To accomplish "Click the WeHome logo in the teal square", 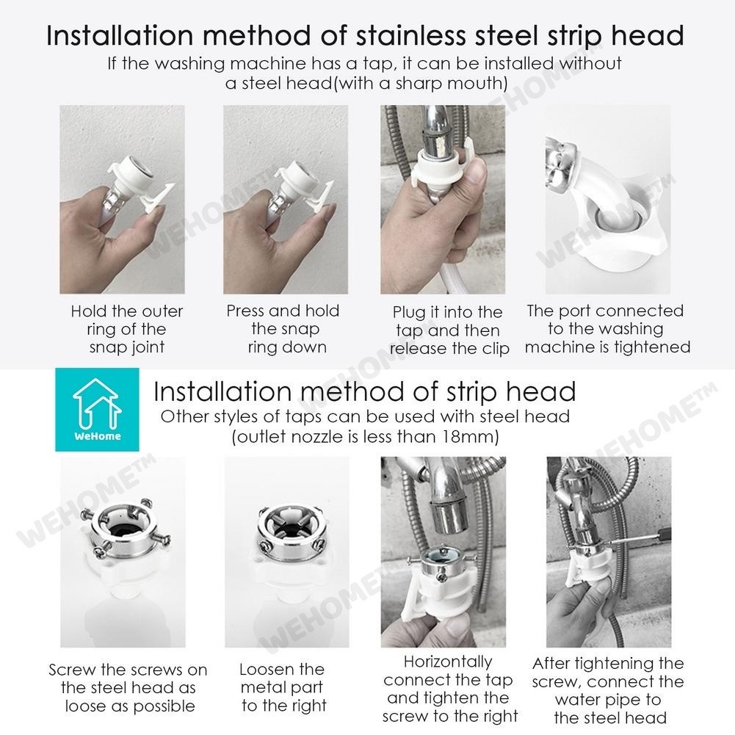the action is [x=97, y=410].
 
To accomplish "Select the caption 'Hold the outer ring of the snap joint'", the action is [x=126, y=329].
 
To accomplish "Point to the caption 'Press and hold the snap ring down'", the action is [x=283, y=329].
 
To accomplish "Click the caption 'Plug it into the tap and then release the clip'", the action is [x=449, y=330].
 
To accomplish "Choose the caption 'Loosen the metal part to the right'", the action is [x=283, y=687].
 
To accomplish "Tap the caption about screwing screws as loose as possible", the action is [x=128, y=688].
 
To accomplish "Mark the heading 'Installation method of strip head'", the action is [x=365, y=391].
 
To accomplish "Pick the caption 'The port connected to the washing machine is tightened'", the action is [x=607, y=329].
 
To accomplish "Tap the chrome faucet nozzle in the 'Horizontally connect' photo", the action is [x=449, y=515].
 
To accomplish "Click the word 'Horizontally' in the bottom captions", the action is [x=448, y=662].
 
